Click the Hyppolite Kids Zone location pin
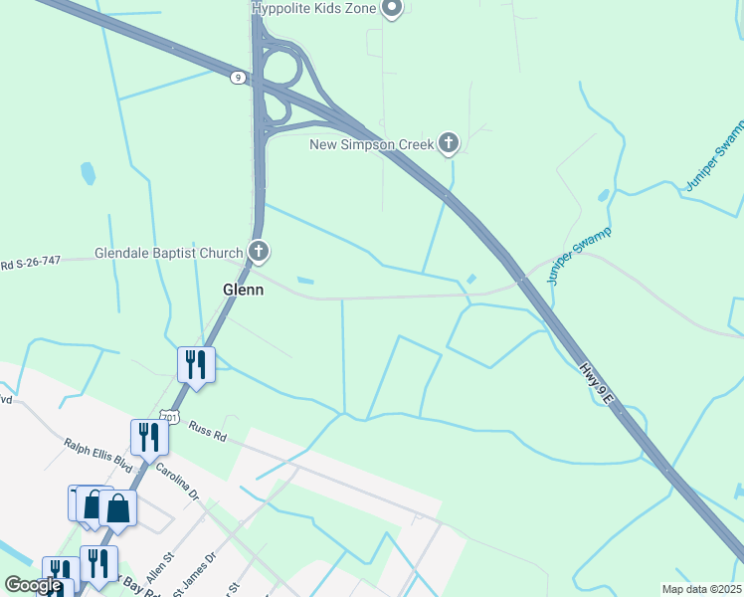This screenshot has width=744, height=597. [x=392, y=9]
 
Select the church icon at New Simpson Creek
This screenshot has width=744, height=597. [x=449, y=144]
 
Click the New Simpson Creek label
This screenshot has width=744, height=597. [x=372, y=145]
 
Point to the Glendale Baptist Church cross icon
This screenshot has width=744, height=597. [x=259, y=252]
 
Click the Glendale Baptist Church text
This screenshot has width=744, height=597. [x=169, y=253]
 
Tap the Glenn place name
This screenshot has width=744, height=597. [x=243, y=290]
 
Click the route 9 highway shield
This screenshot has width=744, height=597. [x=237, y=78]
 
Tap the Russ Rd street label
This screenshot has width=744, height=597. [x=208, y=432]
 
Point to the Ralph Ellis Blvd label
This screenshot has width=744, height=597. [x=97, y=455]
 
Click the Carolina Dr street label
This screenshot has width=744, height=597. [x=177, y=481]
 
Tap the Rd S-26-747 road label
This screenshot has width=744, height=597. [x=30, y=264]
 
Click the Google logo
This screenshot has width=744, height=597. [x=33, y=585]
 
